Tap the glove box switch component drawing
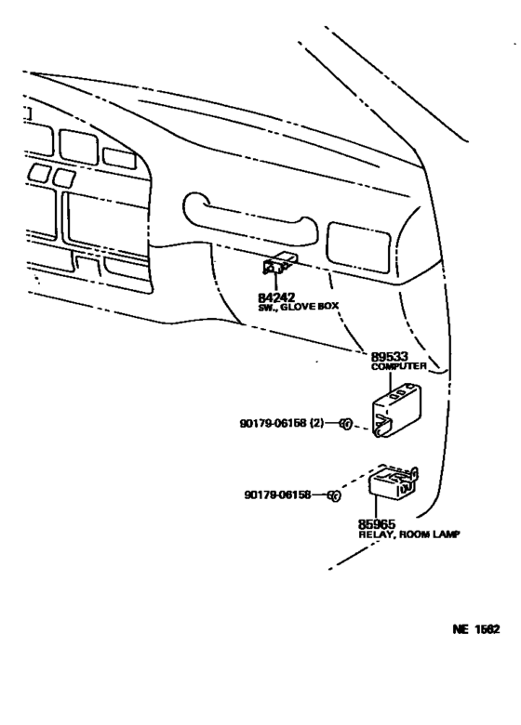tap(278, 267)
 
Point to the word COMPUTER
tap(399, 367)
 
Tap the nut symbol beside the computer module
tap(344, 425)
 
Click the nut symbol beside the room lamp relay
tap(330, 496)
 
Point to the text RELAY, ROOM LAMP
tap(409, 535)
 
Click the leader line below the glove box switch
tap(276, 283)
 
